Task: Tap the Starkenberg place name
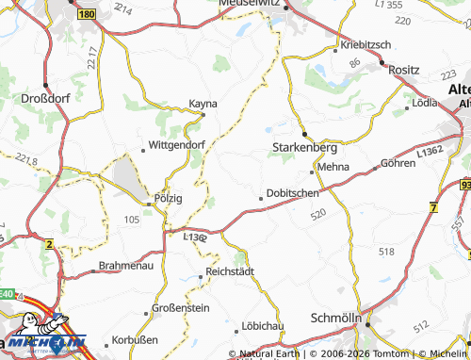[300, 148]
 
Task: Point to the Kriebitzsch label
[367, 44]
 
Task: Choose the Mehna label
[333, 167]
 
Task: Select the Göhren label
[398, 163]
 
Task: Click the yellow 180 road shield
[88, 15]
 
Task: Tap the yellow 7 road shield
[432, 206]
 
